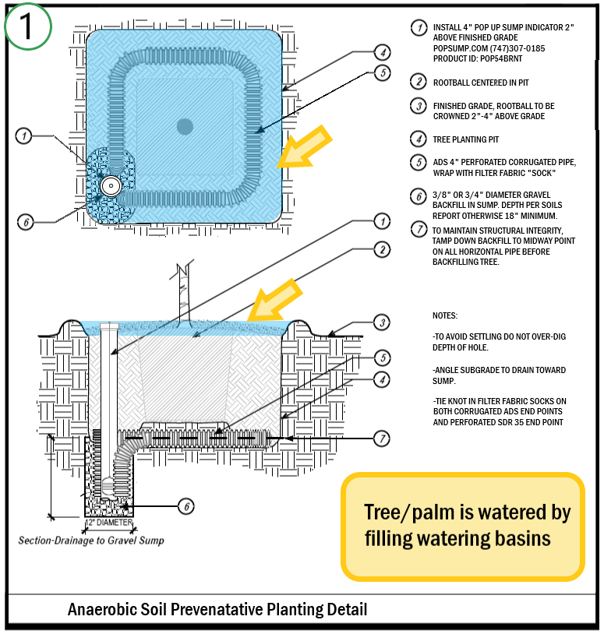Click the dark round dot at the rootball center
[x=185, y=125]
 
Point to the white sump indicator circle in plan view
[x=111, y=185]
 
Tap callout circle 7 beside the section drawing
[x=381, y=439]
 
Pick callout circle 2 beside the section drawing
[x=381, y=250]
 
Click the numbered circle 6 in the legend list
[x=419, y=195]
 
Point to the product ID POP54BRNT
[x=489, y=59]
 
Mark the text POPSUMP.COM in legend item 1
[x=460, y=48]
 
